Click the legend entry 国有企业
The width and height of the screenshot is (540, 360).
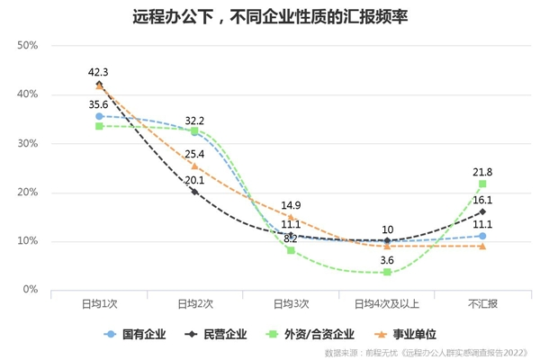point(139,333)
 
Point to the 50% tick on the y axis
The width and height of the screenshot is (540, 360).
point(26,46)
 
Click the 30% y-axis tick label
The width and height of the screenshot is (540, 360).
point(26,143)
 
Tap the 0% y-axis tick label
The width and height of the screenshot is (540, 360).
point(29,290)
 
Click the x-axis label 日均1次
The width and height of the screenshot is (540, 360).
point(98,305)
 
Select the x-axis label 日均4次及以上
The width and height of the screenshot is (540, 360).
point(387,305)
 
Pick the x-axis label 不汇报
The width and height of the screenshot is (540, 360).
point(482,305)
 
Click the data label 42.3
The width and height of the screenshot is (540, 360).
point(99,71)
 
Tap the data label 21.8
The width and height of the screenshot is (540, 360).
point(482,171)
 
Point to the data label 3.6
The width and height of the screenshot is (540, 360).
point(387,259)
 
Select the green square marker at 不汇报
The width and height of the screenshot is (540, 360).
point(482,184)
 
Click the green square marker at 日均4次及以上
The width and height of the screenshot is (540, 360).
point(387,272)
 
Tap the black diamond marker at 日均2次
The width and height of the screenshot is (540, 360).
point(194,192)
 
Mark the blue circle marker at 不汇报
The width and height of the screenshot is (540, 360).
point(482,236)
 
